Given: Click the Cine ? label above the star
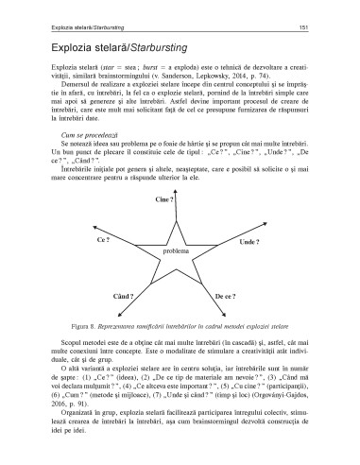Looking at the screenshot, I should click(168, 200).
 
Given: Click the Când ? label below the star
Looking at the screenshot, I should click(124, 297).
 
